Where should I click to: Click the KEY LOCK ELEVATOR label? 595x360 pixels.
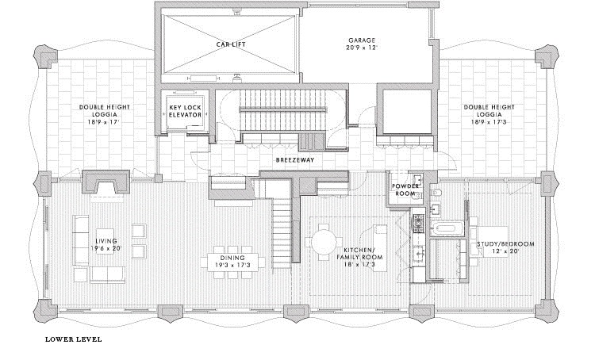click(x=185, y=110)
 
